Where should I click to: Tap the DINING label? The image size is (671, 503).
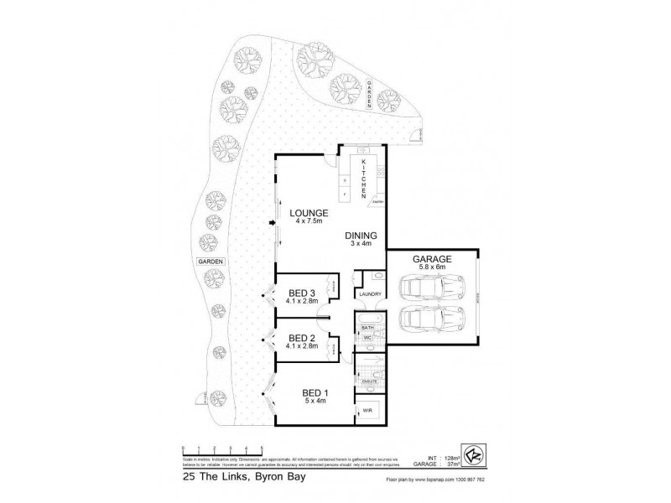(x=362, y=236)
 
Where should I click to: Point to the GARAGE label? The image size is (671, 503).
(x=433, y=260)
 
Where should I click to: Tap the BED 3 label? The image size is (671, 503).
(x=301, y=292)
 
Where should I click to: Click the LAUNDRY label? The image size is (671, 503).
(x=370, y=295)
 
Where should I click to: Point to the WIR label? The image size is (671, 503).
(x=367, y=411)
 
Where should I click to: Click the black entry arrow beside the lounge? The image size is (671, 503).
(x=271, y=223)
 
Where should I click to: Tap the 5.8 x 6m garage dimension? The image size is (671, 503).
(x=433, y=269)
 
